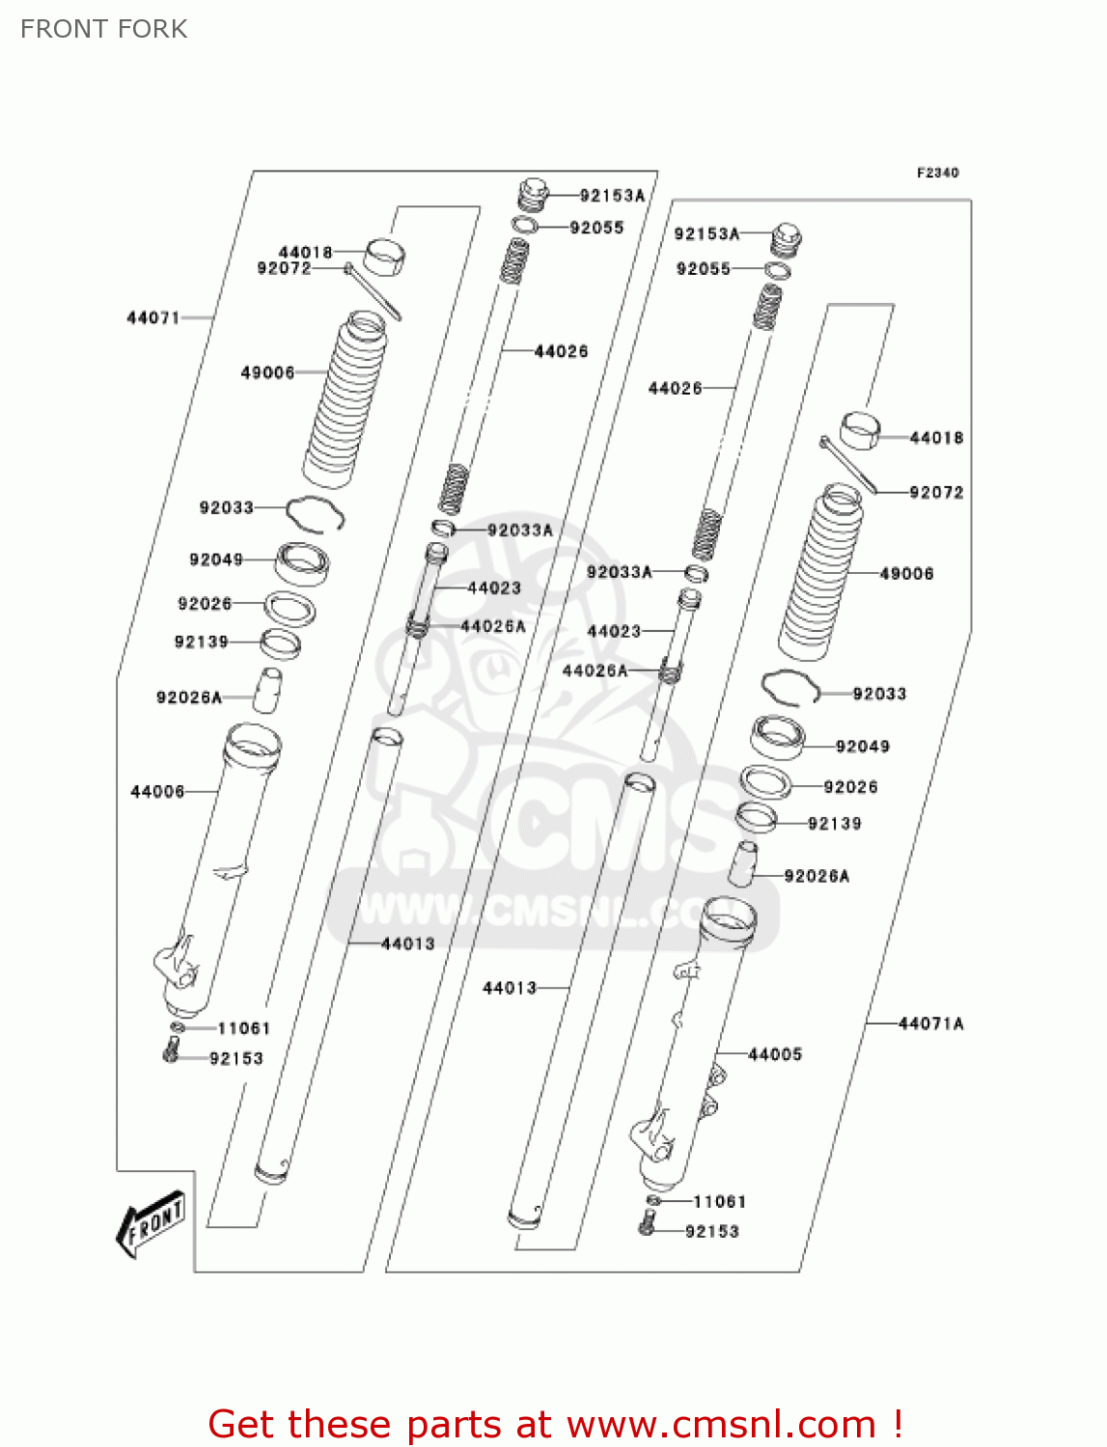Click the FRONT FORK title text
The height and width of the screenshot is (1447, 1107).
point(103,29)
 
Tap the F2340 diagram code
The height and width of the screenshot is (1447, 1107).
point(937,173)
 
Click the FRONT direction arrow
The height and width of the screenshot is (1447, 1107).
point(151,1223)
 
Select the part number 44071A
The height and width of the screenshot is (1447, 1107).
point(930,1024)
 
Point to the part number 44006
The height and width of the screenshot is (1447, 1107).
point(157,792)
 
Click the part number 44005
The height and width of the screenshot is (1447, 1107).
point(775,1054)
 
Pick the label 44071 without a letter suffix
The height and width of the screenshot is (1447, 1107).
point(153,317)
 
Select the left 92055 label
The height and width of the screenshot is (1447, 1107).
point(596,228)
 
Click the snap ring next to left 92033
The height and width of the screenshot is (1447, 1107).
point(316,512)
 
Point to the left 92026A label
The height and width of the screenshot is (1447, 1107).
point(189,697)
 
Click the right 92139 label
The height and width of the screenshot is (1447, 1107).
point(834,824)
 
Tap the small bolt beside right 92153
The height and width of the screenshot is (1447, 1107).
point(646,1227)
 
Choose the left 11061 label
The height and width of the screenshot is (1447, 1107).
point(243,1028)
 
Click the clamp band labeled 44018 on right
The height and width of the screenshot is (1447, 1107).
point(860,430)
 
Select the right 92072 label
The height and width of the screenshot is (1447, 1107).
point(936,492)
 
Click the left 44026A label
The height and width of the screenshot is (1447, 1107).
point(493,626)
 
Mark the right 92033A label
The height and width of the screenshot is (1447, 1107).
point(620,572)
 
